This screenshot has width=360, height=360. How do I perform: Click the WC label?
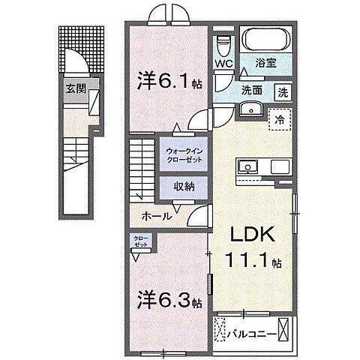click(223, 64)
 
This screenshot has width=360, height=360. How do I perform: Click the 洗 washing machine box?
click(283, 93)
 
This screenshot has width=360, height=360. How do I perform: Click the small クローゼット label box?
click(141, 241)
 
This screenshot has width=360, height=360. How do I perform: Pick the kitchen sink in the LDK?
click(247, 166)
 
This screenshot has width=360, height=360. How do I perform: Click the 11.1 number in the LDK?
click(247, 262)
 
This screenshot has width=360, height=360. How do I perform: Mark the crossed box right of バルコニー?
click(284, 328)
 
